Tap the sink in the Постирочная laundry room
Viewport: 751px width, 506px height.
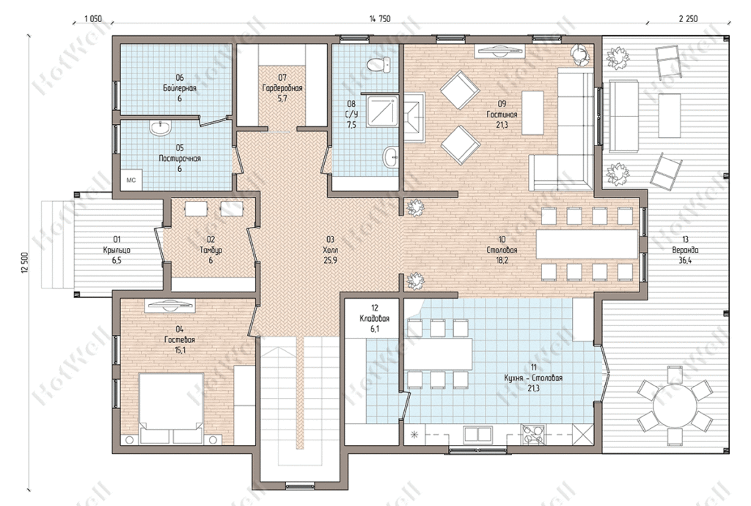(x=161, y=128)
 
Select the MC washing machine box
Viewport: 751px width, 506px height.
(x=131, y=181)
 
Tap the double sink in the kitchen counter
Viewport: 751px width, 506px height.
(x=478, y=435)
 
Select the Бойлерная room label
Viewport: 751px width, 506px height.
(x=180, y=88)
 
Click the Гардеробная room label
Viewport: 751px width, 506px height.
(x=282, y=88)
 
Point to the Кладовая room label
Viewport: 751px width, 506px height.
(x=375, y=319)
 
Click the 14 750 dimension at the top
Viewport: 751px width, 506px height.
(x=380, y=19)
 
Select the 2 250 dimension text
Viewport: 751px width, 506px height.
(x=688, y=19)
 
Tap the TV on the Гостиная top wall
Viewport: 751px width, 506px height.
(x=499, y=50)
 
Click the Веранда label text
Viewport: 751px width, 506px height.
(x=686, y=250)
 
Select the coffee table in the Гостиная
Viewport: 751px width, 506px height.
(x=532, y=113)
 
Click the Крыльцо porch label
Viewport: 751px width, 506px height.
(x=117, y=250)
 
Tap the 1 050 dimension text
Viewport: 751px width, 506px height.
(x=93, y=19)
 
